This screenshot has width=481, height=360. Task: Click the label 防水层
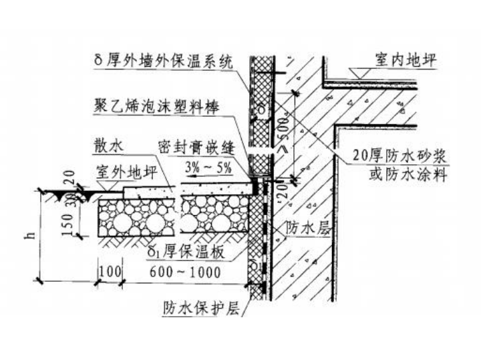click(307, 226)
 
